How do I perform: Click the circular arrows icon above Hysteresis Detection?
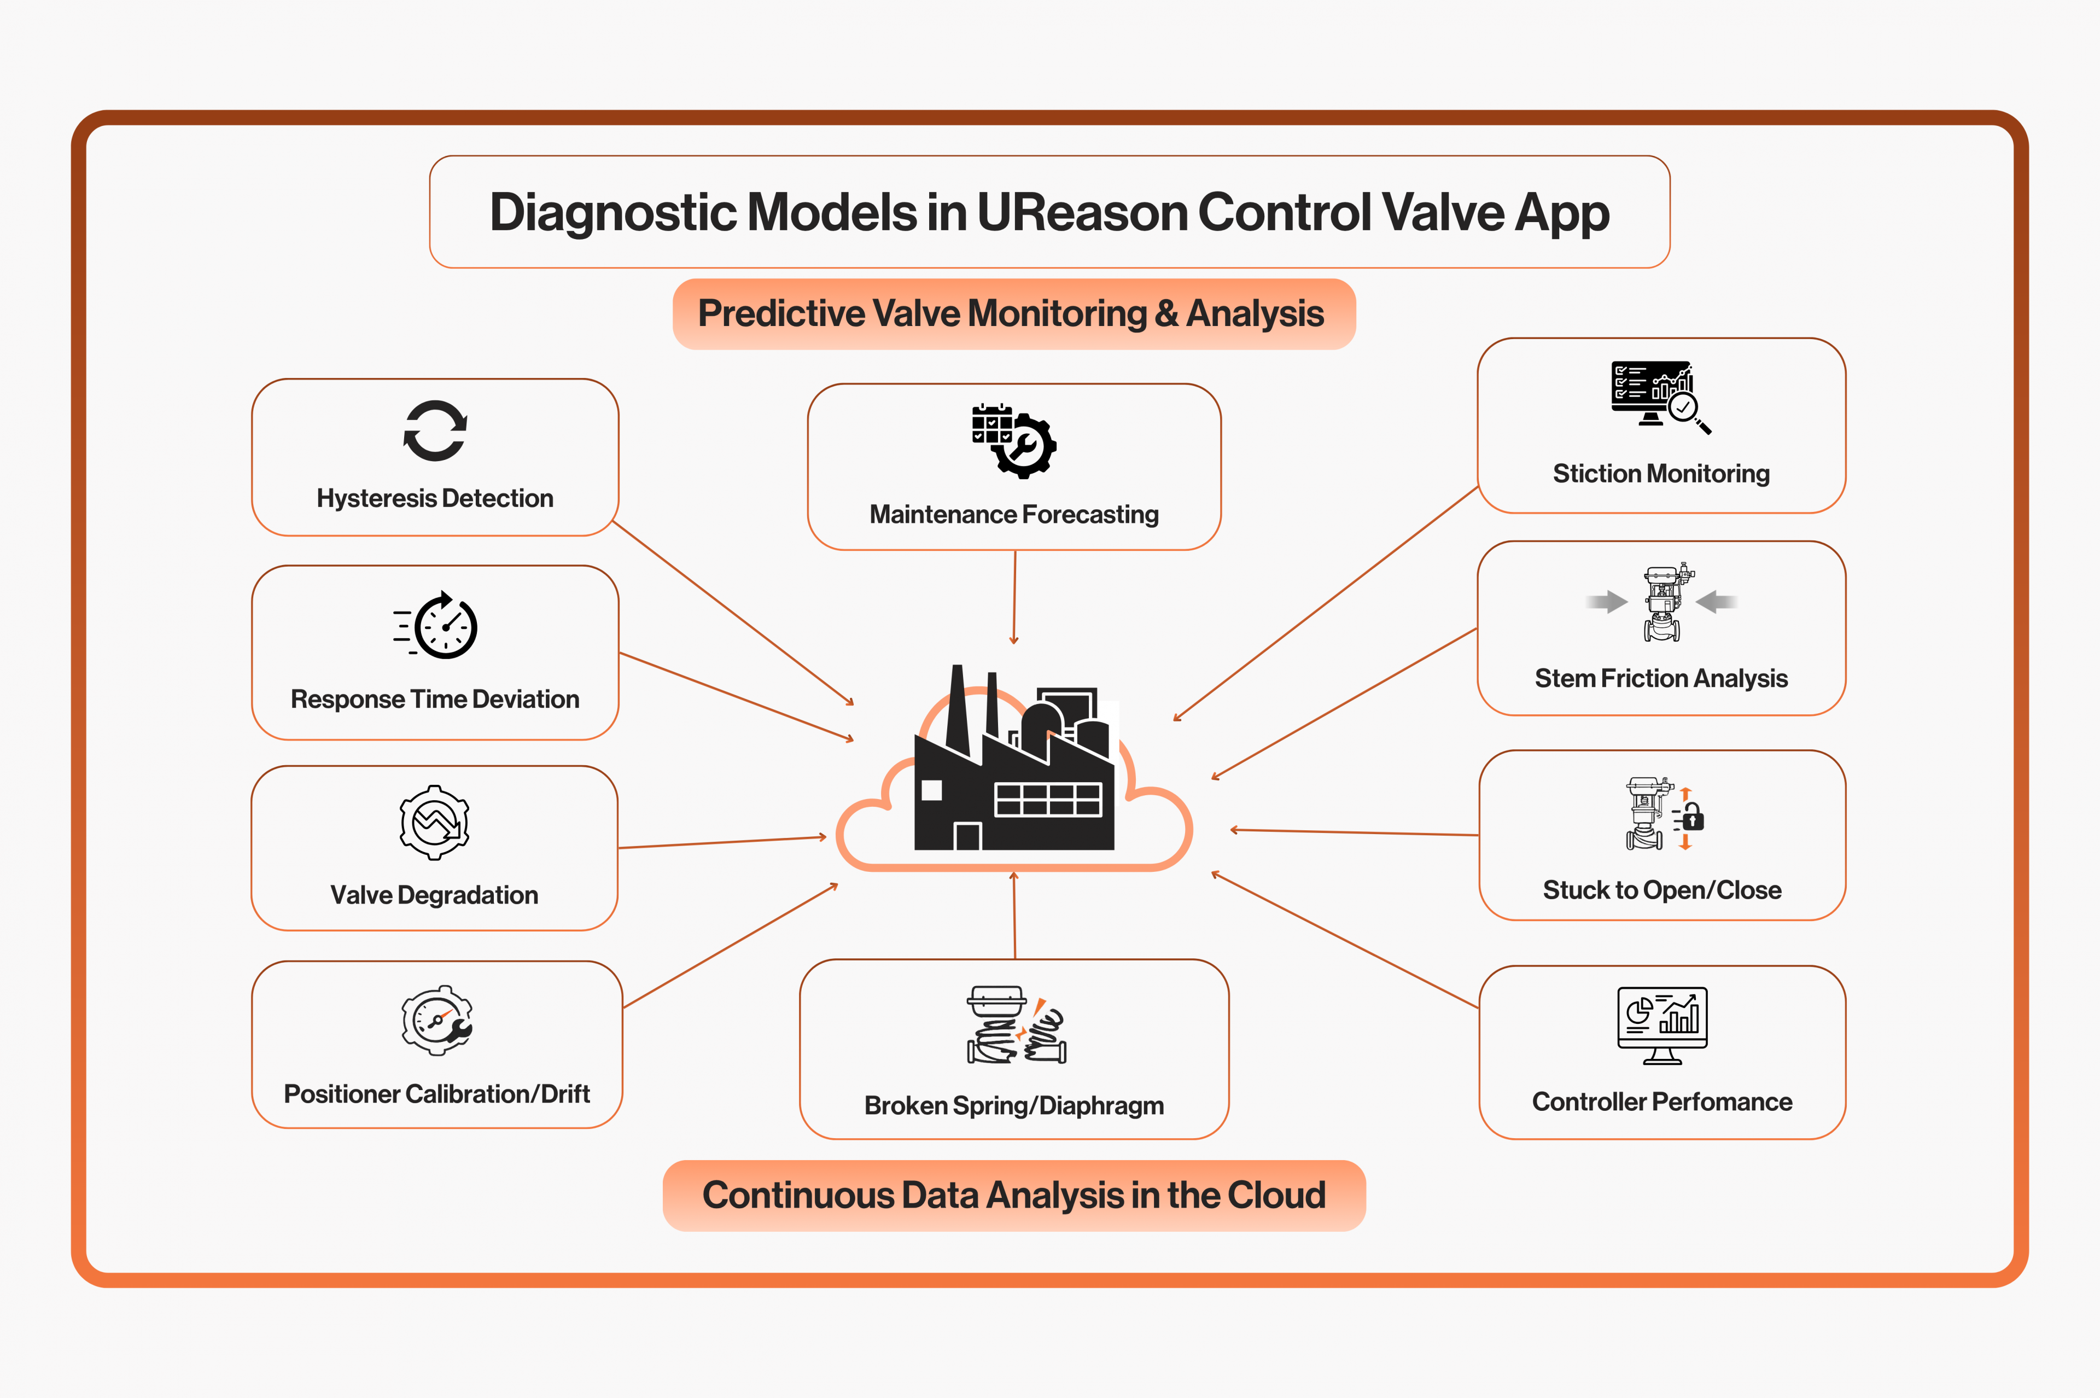[435, 430]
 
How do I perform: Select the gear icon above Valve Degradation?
[435, 822]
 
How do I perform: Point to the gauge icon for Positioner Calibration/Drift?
[437, 1021]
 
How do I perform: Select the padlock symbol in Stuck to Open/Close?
[1693, 818]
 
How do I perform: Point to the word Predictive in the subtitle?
[781, 314]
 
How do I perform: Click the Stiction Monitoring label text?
[1660, 474]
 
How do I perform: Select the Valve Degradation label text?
[434, 895]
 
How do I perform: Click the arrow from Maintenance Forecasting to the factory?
[1014, 597]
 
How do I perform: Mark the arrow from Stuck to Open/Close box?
[1355, 833]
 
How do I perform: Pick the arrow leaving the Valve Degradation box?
[722, 842]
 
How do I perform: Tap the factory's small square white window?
[931, 790]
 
